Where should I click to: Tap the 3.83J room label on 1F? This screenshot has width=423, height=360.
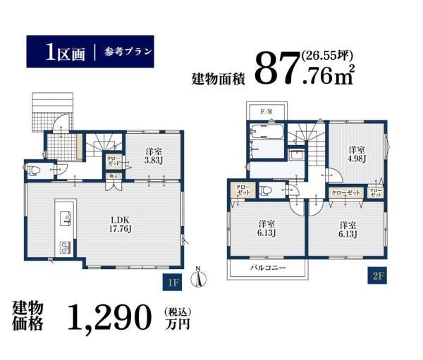(x=154, y=156)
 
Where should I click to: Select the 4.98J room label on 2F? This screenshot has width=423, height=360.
(x=357, y=154)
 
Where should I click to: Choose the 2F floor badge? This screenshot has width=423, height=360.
(x=377, y=275)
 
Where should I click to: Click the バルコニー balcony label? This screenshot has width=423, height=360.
(x=268, y=268)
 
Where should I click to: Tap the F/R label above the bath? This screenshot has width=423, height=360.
(x=266, y=111)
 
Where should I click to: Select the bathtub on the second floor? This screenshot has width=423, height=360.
(x=266, y=132)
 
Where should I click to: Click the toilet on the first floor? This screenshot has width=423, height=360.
(x=35, y=170)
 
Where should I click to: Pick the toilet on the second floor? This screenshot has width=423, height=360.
(x=266, y=191)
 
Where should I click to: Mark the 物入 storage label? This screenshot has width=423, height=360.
(x=114, y=176)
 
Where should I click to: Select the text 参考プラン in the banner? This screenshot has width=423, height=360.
(x=128, y=51)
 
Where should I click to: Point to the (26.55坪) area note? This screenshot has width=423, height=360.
(x=327, y=56)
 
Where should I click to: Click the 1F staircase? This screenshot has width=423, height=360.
(x=104, y=146)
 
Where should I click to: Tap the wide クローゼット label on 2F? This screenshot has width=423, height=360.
(x=345, y=192)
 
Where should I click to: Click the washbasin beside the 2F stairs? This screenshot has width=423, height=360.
(x=296, y=155)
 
